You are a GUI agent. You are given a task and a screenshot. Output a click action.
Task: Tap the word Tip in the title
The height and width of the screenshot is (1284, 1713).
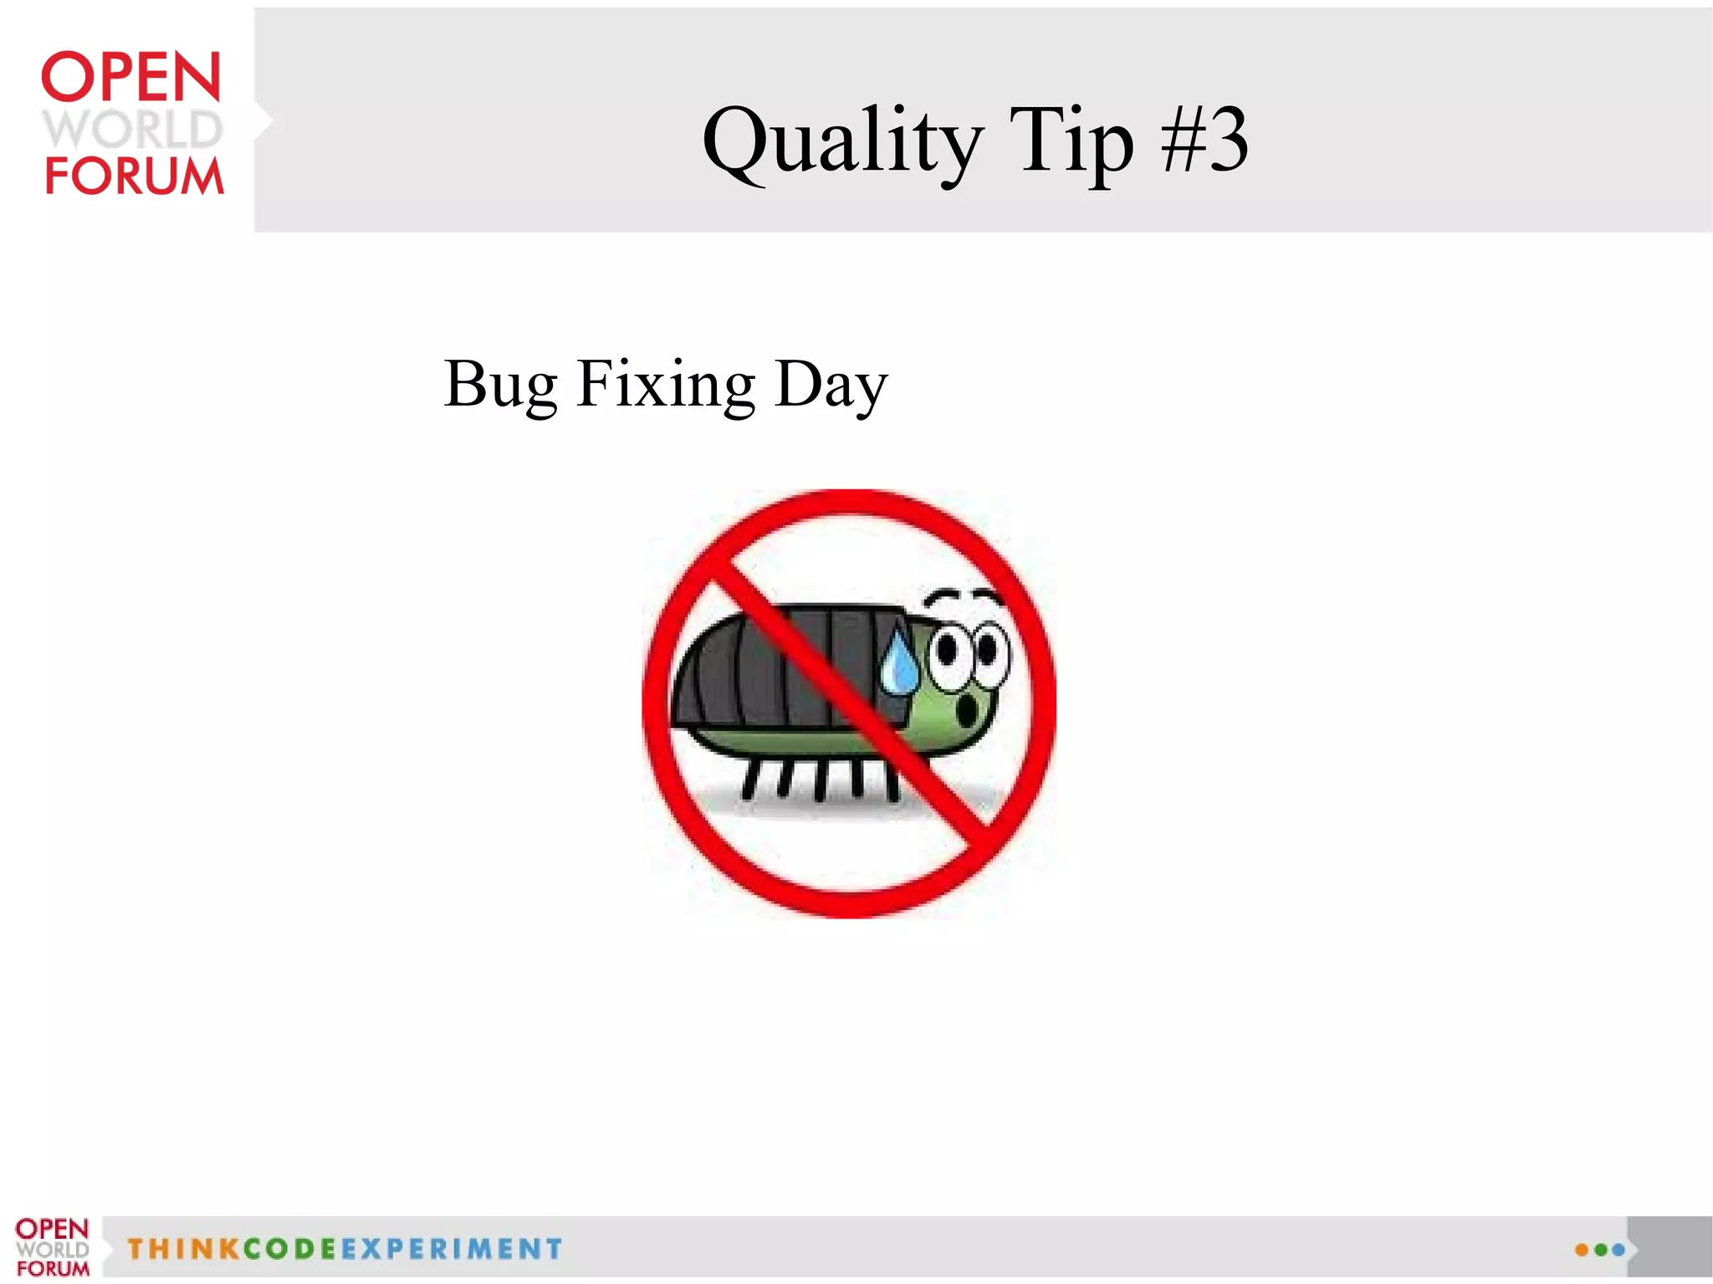click(1071, 142)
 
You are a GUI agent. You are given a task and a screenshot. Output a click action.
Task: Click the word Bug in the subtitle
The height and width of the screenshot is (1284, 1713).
click(500, 385)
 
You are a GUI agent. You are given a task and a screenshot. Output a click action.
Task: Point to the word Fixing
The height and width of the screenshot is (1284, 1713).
click(666, 385)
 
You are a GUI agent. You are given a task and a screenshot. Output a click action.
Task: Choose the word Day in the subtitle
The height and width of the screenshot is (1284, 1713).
click(831, 385)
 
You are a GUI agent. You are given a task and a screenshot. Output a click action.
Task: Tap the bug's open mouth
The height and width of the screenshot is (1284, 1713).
click(967, 711)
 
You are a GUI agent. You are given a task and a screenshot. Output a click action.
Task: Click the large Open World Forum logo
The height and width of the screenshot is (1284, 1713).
click(132, 123)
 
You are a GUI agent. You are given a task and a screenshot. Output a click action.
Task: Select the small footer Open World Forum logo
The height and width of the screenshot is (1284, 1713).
click(52, 1247)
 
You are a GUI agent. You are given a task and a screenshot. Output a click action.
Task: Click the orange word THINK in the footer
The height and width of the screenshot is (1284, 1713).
click(182, 1249)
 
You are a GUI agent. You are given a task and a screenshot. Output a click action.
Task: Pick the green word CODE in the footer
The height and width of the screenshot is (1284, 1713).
click(289, 1249)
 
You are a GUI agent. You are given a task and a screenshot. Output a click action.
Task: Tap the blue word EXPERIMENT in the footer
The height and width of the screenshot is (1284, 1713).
click(452, 1249)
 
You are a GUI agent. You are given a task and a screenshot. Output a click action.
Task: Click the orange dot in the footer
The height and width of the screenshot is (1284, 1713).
click(1581, 1250)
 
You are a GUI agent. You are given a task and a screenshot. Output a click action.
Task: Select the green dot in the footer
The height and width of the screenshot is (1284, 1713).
click(1600, 1250)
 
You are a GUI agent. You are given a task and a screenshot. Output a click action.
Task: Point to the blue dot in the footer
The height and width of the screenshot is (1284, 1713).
click(1618, 1250)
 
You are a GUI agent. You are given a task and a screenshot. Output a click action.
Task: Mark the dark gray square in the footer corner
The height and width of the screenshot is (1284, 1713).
click(1670, 1246)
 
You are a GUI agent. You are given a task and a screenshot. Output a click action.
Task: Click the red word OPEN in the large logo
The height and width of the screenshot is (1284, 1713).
click(131, 77)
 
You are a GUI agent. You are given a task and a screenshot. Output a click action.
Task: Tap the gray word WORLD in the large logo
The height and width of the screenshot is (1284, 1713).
click(133, 129)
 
